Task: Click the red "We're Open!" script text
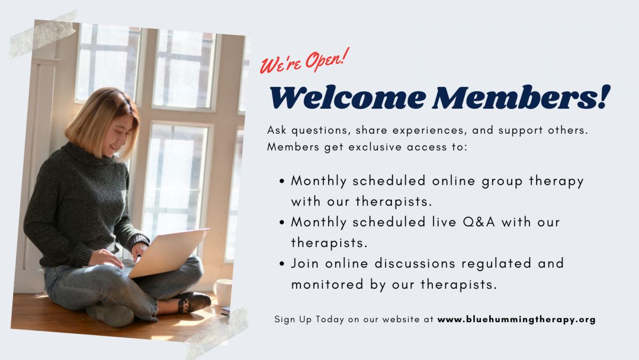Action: click(x=305, y=61)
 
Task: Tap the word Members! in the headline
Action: click(x=521, y=97)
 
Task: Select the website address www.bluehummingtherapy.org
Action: click(x=517, y=320)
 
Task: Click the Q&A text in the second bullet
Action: click(x=479, y=222)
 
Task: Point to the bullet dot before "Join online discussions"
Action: click(x=282, y=264)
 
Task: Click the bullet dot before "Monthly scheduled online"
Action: click(x=282, y=181)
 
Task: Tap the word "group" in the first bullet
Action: click(x=502, y=182)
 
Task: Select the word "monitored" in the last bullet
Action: click(x=327, y=284)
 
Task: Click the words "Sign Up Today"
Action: click(x=309, y=320)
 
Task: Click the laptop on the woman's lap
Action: click(x=168, y=252)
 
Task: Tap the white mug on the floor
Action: click(x=223, y=292)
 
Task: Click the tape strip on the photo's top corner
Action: click(x=43, y=34)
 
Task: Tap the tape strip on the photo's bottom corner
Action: click(x=217, y=333)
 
